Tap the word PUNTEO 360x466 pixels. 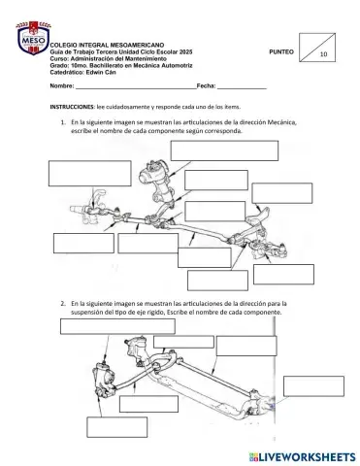[x=280, y=50]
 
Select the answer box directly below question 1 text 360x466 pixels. [x=224, y=150]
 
